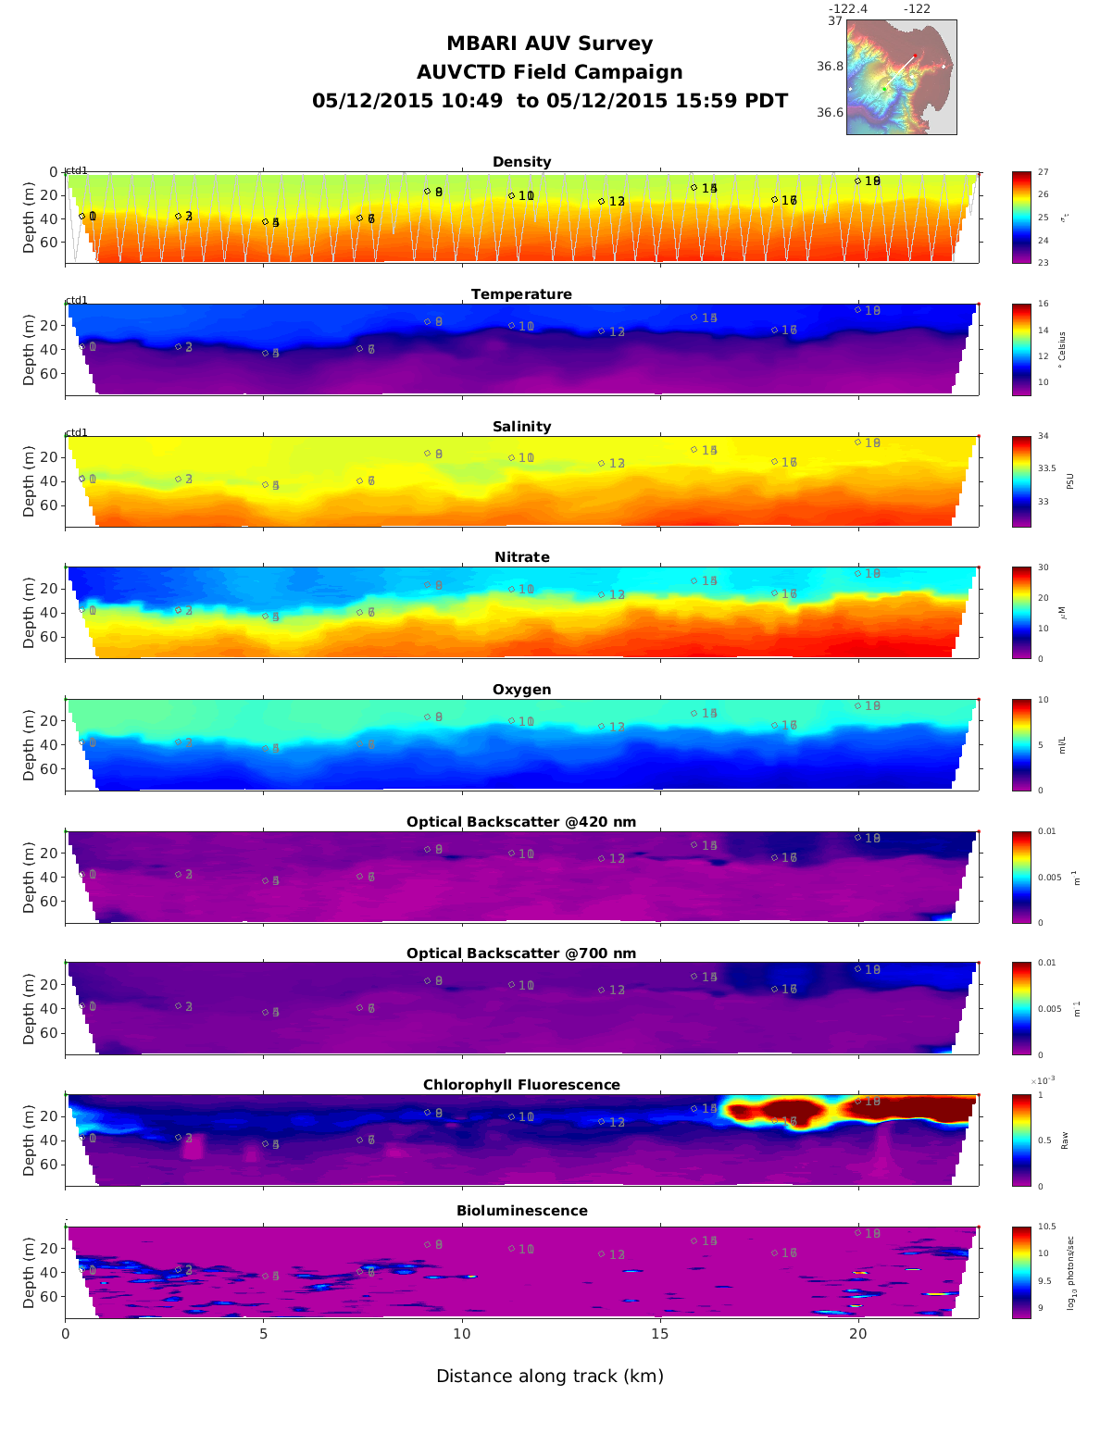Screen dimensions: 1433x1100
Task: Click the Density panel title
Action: point(521,162)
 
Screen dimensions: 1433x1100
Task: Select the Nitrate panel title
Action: point(521,557)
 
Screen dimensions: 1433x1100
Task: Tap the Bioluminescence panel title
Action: point(521,1211)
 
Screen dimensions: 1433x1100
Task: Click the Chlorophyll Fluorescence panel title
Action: point(521,1085)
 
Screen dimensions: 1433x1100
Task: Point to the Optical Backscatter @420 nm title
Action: point(521,822)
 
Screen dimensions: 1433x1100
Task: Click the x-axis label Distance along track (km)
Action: point(550,1377)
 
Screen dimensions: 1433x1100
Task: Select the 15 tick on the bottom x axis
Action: point(659,1334)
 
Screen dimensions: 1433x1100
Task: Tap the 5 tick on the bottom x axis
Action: point(263,1334)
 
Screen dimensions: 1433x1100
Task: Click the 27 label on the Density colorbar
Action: point(1044,173)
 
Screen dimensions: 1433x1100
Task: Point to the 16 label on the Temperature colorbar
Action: point(1044,305)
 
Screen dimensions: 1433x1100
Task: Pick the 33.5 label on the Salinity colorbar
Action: point(1047,468)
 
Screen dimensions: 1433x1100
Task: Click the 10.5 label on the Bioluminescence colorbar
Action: point(1047,1227)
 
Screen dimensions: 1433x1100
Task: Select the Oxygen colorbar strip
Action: point(1021,744)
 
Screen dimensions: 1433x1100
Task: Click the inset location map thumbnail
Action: point(901,77)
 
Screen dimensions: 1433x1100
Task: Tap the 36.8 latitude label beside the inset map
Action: point(830,67)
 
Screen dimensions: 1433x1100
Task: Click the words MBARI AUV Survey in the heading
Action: point(549,44)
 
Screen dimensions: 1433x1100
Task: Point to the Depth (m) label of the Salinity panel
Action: point(29,481)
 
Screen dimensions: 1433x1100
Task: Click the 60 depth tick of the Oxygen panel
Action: point(49,769)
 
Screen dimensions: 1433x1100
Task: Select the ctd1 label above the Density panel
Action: point(76,170)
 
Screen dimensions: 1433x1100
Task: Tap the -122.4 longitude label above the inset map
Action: point(847,9)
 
